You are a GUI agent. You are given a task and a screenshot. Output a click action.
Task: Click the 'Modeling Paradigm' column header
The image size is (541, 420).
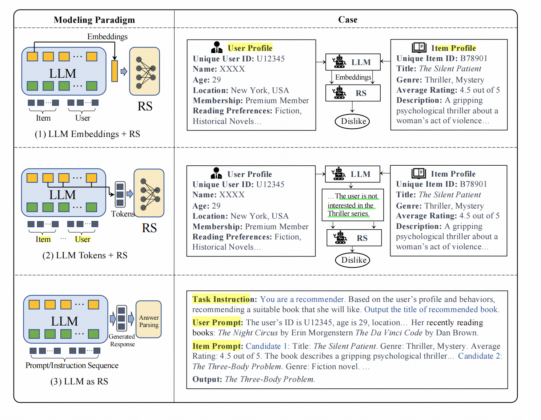(x=94, y=20)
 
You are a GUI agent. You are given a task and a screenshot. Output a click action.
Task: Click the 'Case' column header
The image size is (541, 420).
(x=348, y=20)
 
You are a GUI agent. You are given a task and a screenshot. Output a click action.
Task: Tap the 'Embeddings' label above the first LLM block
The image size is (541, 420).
(x=107, y=37)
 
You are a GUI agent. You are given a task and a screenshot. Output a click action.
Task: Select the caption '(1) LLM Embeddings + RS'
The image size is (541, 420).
(x=87, y=134)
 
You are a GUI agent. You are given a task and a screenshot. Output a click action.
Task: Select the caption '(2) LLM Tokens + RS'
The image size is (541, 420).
(x=85, y=255)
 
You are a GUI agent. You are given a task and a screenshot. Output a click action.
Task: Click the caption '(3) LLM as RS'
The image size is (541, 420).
(x=79, y=381)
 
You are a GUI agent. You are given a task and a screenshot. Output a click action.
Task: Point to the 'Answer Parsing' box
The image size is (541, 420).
(x=149, y=320)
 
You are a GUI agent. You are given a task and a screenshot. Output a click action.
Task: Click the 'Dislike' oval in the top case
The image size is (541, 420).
(x=353, y=121)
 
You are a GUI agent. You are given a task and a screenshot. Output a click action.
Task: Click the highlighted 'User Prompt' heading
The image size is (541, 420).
(x=217, y=323)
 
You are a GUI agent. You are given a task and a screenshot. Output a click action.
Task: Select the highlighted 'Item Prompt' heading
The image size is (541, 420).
(x=217, y=346)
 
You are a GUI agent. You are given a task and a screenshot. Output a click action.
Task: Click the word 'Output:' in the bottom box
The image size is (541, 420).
(x=207, y=379)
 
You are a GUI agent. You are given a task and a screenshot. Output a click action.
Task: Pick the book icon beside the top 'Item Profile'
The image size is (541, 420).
(x=419, y=47)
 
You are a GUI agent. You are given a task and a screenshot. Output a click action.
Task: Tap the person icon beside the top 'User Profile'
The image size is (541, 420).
(x=217, y=47)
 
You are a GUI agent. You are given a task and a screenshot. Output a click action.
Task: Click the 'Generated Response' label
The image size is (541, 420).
(x=122, y=340)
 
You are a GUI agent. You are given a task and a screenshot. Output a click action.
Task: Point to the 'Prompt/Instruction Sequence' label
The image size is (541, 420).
(x=72, y=366)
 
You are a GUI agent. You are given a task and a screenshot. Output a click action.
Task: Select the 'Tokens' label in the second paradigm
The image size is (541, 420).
(x=123, y=214)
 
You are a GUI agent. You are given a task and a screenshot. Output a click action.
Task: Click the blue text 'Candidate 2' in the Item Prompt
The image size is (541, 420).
(x=479, y=356)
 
